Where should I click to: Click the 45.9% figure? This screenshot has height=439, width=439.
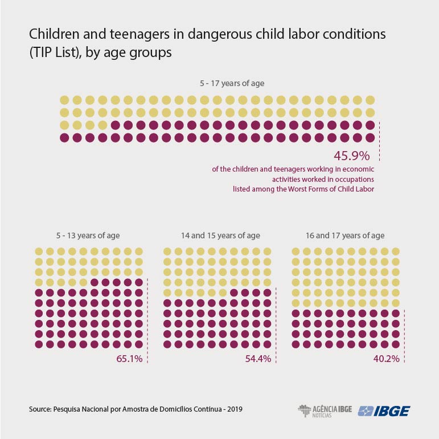(x=352, y=156)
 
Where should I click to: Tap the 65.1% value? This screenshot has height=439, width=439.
(x=129, y=359)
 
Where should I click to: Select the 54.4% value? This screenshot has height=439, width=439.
(x=258, y=359)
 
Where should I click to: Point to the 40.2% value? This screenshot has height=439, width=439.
(x=387, y=359)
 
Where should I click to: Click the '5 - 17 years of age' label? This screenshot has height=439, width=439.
(x=232, y=83)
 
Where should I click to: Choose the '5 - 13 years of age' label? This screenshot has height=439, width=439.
(x=88, y=235)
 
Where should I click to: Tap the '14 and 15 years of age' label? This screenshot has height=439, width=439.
(x=220, y=235)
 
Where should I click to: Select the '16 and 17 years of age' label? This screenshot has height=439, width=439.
(x=345, y=235)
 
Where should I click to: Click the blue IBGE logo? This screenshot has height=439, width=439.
(x=384, y=411)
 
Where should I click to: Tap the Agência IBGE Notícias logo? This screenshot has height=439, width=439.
(x=325, y=411)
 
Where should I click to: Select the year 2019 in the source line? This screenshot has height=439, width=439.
(x=235, y=409)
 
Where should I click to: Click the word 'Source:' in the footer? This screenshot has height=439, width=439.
(x=40, y=409)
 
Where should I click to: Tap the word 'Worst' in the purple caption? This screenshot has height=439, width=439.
(x=298, y=189)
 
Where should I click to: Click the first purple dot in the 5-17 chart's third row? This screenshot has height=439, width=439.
(x=116, y=125)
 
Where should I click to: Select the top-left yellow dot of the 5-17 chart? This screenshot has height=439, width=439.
(x=64, y=100)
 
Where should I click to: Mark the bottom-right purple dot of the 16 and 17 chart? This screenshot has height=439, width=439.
(x=396, y=344)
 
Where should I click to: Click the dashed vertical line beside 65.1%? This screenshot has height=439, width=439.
(x=147, y=321)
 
